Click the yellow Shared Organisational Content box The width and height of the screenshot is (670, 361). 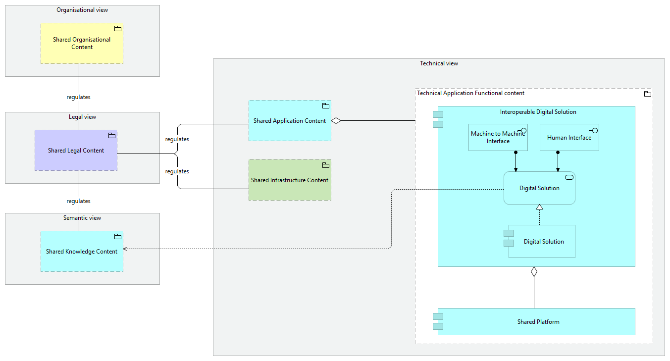click(82, 44)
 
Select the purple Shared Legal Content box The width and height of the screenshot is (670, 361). click(76, 151)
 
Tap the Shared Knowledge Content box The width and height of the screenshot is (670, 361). click(82, 251)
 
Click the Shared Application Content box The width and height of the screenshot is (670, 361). click(290, 120)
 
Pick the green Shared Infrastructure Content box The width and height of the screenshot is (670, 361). click(290, 180)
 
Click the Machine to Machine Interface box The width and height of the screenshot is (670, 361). click(498, 138)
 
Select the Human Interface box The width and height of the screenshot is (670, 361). click(569, 138)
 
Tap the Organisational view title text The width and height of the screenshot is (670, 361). click(82, 10)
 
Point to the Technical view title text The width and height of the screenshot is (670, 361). click(439, 63)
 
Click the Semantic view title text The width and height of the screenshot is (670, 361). click(82, 218)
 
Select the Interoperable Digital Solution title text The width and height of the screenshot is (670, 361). click(538, 112)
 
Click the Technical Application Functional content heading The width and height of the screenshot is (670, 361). click(470, 93)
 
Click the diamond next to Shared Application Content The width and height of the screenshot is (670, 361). click(336, 120)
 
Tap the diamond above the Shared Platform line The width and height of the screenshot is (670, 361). click(534, 271)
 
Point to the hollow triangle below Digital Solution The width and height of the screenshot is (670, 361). click(539, 207)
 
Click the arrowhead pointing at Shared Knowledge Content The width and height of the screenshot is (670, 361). click(125, 249)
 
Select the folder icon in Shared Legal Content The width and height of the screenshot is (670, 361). click(112, 136)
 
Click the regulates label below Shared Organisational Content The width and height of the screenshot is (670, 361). click(78, 97)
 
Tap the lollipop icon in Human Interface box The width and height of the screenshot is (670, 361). click(593, 130)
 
